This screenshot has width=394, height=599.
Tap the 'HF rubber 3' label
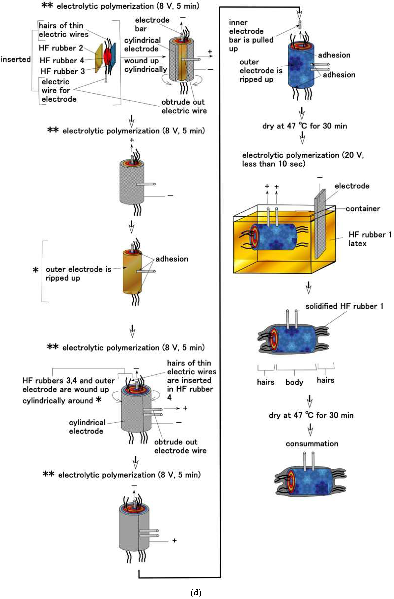(x=63, y=71)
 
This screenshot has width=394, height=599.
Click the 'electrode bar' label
(x=152, y=24)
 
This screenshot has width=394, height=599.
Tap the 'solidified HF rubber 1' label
(x=344, y=306)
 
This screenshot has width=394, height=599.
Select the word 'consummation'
(x=312, y=444)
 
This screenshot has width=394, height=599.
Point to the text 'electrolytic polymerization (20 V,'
(x=303, y=155)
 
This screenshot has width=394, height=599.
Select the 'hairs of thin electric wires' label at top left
(x=64, y=30)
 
